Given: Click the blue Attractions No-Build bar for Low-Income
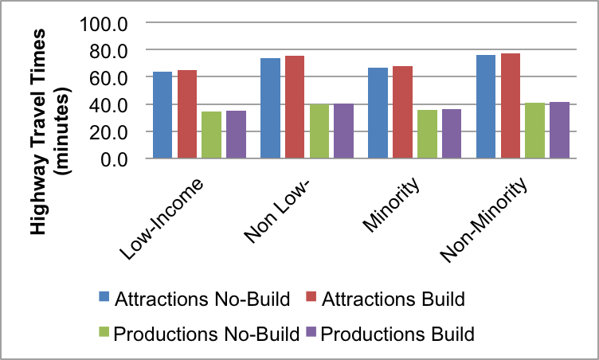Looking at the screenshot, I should (162, 115).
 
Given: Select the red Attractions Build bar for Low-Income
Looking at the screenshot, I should (187, 115).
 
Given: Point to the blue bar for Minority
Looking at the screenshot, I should (378, 113).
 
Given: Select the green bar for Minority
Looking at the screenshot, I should (427, 135).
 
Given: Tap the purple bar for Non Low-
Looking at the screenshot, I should (343, 131).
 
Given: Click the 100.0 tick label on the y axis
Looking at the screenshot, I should (104, 23).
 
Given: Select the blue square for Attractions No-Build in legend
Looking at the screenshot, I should (104, 300).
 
